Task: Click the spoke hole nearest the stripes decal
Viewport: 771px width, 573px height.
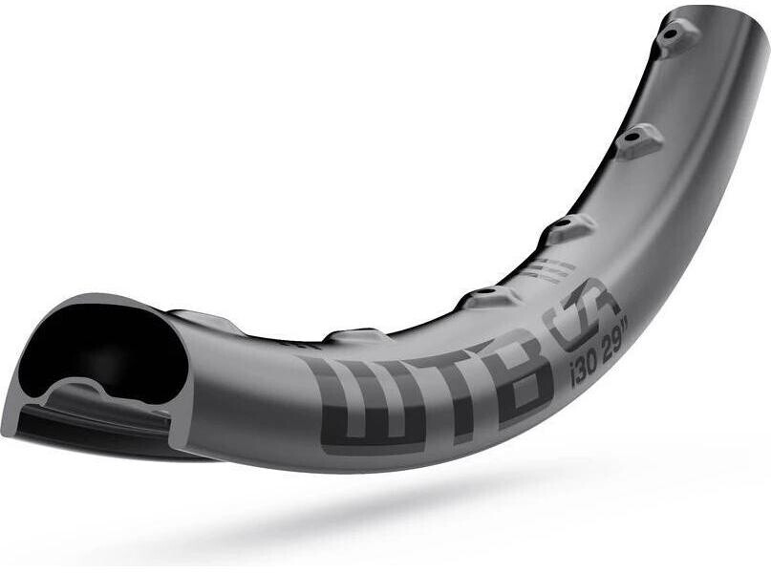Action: [487, 290]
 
